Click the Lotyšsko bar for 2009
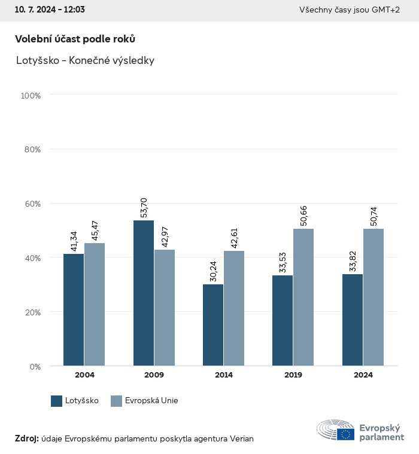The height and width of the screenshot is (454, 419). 144,293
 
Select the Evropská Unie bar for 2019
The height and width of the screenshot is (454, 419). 303,297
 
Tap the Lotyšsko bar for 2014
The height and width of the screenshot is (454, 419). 213,325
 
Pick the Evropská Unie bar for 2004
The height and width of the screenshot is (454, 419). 95,304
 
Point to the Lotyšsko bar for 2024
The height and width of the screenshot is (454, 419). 353,320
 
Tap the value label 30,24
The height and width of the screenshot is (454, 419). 214,272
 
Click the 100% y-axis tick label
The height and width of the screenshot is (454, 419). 30,96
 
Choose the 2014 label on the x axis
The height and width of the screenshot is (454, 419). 224,375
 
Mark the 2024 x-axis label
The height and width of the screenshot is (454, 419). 363,375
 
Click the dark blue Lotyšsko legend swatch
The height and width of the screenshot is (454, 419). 57,401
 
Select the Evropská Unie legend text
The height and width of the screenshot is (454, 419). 151,401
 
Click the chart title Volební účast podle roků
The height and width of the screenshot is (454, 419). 75,39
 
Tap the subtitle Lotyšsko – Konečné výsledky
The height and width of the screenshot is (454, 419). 85,61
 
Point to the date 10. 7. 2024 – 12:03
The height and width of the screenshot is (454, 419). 50,10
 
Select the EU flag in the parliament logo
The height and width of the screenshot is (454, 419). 345,434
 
